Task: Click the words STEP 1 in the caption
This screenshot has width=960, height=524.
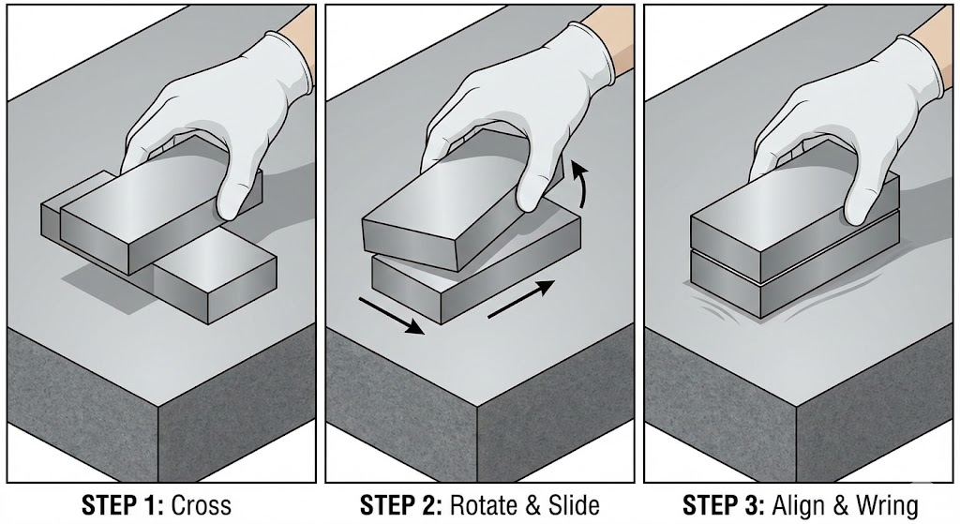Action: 122,505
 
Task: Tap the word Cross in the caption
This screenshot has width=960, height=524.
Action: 202,505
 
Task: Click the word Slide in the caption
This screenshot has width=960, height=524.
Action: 575,505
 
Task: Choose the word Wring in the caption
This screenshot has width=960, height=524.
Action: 888,506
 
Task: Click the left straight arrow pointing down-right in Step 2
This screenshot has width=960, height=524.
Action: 391,316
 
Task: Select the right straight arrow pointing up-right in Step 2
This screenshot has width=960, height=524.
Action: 521,299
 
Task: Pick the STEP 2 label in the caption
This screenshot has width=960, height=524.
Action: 400,505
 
